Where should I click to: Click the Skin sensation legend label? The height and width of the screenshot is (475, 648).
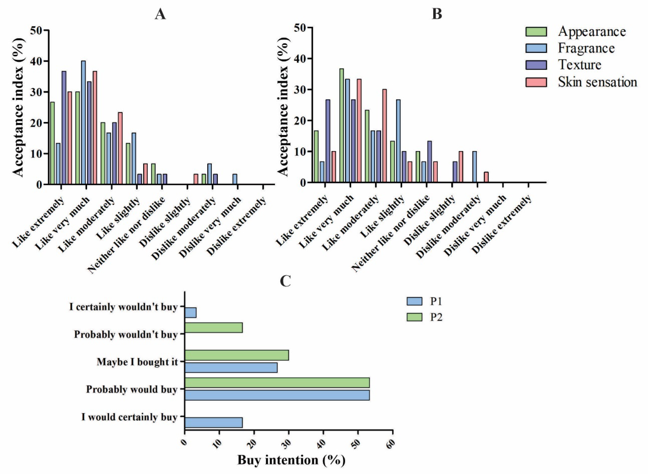tap(597, 82)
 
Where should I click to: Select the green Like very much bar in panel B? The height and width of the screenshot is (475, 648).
tap(341, 125)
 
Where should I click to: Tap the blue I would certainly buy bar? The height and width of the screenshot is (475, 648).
tap(213, 423)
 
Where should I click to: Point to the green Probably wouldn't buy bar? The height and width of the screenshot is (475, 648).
tap(213, 328)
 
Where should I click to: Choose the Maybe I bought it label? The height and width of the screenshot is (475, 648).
tap(137, 362)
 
